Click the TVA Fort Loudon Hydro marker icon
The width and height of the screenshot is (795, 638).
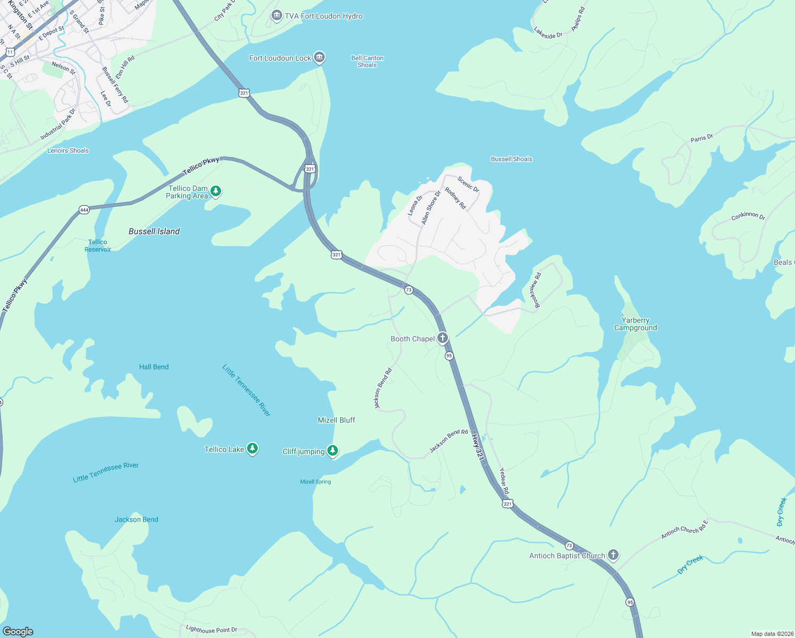pos(276,16)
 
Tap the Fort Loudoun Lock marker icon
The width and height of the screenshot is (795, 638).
pos(319,57)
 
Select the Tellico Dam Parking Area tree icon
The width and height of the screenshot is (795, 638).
pos(215,191)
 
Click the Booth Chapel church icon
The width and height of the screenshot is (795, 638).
pos(442,338)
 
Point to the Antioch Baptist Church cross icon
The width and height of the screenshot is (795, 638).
pos(613,556)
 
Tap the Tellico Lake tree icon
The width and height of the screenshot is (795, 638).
pos(252,449)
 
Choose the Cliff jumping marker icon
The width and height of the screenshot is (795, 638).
pos(333,451)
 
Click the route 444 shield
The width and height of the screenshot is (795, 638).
pos(84,210)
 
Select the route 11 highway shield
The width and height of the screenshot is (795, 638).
pos(10,52)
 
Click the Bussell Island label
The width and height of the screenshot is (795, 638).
pos(154,231)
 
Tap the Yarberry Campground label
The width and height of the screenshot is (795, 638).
pos(636,324)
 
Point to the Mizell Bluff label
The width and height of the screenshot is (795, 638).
pos(336,420)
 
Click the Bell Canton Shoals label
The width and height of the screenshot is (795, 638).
pos(367,62)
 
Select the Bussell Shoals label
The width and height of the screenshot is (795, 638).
pos(511,159)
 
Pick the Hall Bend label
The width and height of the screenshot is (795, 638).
pos(154,367)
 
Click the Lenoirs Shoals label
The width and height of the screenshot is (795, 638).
pos(68,150)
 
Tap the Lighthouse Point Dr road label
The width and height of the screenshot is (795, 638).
pos(212,629)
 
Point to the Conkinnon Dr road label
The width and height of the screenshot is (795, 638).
pos(748,216)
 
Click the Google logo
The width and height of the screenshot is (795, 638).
pos(18,632)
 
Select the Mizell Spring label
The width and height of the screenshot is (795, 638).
pos(315,482)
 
